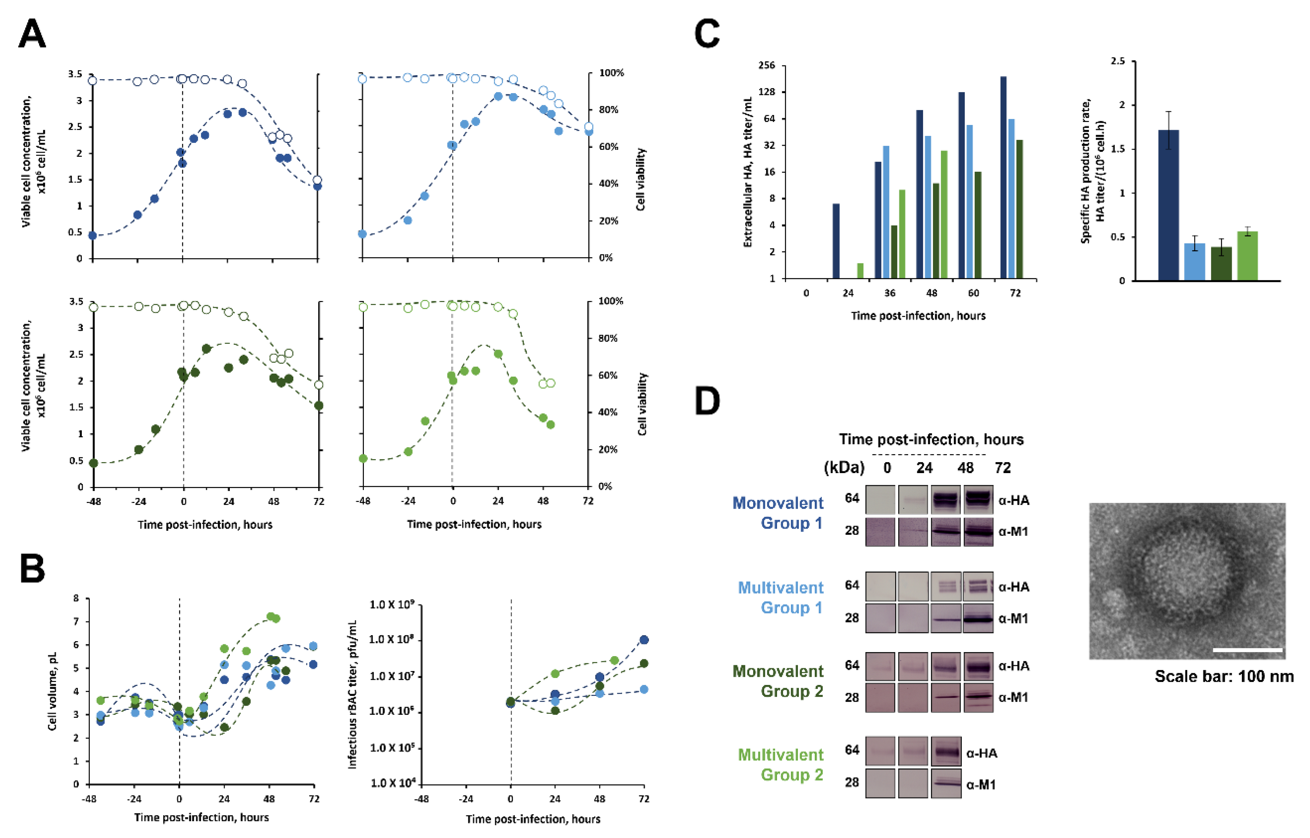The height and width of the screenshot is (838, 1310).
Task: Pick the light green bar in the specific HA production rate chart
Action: pos(1248,256)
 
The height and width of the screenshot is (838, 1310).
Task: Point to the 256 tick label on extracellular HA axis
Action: pos(766,65)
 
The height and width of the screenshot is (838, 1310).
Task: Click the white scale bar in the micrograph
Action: pos(1248,650)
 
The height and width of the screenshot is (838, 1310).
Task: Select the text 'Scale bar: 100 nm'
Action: pos(1224,677)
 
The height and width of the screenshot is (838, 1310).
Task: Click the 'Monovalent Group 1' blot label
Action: pos(778,513)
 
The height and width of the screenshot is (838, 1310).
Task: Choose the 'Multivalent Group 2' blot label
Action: pos(781,765)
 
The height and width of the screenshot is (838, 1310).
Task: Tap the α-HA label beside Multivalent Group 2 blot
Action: pos(982,753)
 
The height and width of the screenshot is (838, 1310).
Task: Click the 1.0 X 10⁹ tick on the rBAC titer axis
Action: pos(392,605)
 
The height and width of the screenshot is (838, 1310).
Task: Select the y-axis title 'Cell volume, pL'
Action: pos(52,691)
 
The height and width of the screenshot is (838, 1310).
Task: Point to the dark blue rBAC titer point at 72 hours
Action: pos(644,640)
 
